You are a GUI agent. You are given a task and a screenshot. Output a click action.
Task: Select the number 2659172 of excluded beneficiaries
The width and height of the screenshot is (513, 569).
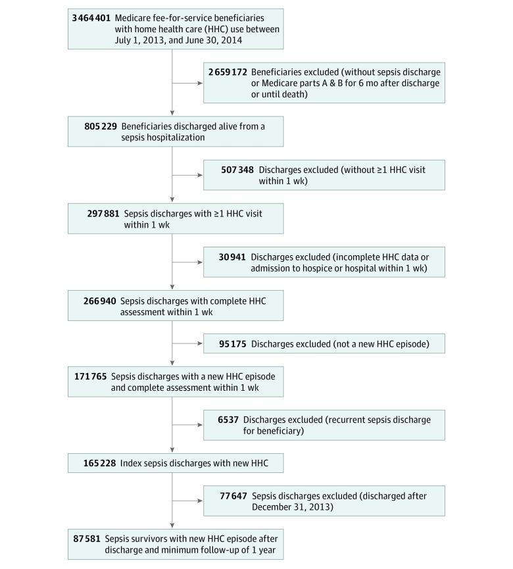(x=227, y=72)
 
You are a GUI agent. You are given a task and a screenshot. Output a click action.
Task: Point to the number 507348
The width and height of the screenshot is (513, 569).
(x=237, y=170)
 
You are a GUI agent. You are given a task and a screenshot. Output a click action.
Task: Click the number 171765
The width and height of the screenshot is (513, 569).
(x=91, y=376)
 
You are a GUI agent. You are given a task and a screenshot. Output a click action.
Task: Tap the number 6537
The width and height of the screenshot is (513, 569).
(x=230, y=419)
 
